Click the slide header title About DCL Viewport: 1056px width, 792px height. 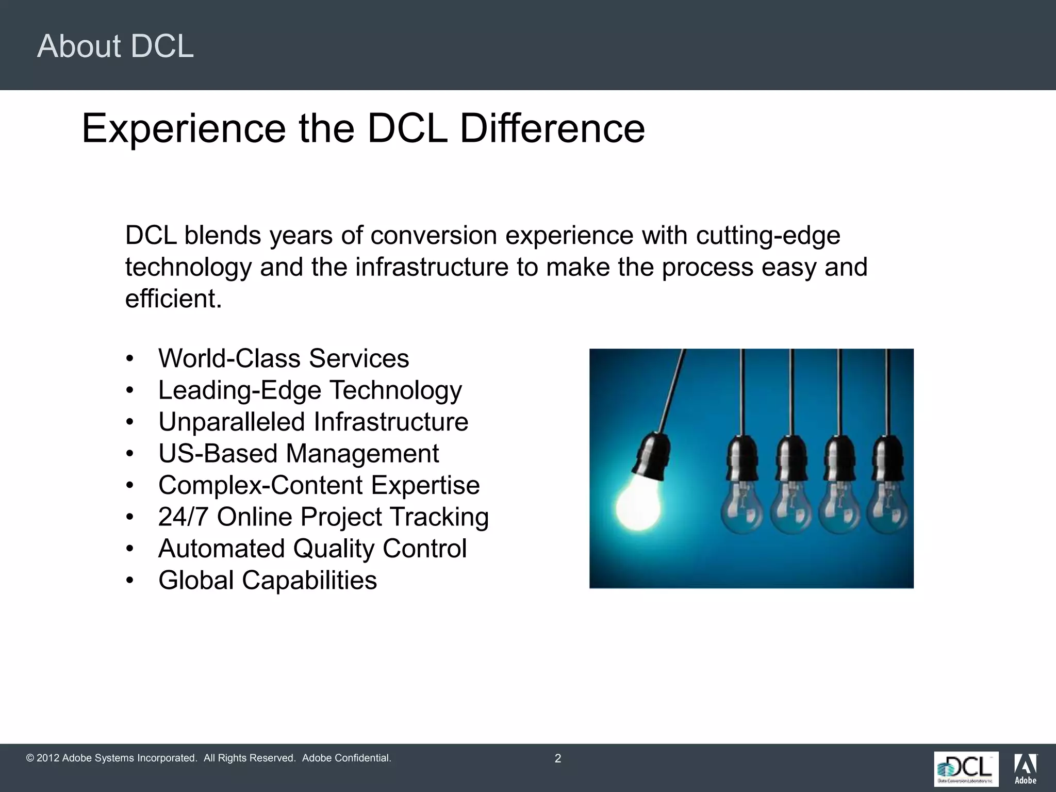(115, 46)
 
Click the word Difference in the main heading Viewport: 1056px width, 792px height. (552, 128)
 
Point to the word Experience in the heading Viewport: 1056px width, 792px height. (184, 128)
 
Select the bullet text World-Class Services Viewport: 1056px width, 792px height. (284, 358)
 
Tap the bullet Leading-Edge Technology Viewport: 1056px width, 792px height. (310, 390)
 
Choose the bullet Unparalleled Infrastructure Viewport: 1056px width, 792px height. (313, 422)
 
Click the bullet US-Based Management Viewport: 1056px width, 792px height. (299, 454)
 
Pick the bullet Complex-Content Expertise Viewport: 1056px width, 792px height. (319, 485)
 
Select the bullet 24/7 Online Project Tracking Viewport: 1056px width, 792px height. (323, 517)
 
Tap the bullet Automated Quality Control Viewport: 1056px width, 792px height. (312, 549)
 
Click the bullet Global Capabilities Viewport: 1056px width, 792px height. (268, 580)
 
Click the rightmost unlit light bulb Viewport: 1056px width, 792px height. (888, 508)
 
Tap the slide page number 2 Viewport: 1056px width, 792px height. (557, 758)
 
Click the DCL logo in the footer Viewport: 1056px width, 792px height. (966, 769)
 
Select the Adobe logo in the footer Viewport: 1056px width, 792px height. (1025, 769)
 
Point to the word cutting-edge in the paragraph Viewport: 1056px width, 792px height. (768, 236)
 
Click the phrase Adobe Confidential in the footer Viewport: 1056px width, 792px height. (346, 758)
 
